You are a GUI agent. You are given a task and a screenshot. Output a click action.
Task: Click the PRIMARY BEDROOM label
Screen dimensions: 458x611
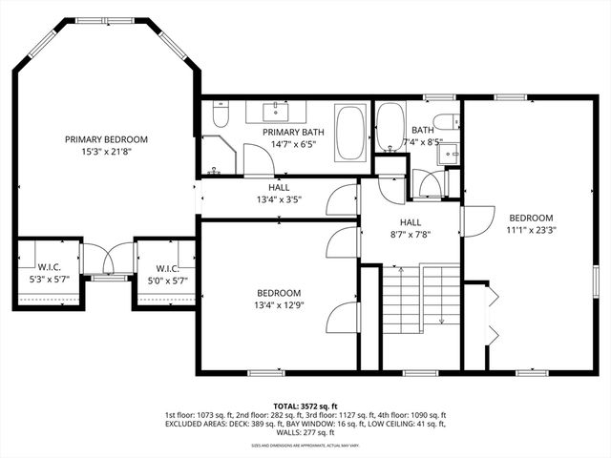[x=106, y=139]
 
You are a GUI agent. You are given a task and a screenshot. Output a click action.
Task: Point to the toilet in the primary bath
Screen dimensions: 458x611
[x=221, y=116]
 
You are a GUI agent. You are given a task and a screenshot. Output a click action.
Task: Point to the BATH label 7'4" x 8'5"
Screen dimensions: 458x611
[x=423, y=136]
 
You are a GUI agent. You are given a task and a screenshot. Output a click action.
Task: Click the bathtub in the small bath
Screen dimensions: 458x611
[x=390, y=128]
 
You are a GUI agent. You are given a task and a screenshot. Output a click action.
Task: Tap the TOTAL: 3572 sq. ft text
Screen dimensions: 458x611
[x=305, y=406]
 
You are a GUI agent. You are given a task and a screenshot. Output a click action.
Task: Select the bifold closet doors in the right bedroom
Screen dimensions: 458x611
[x=492, y=314]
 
